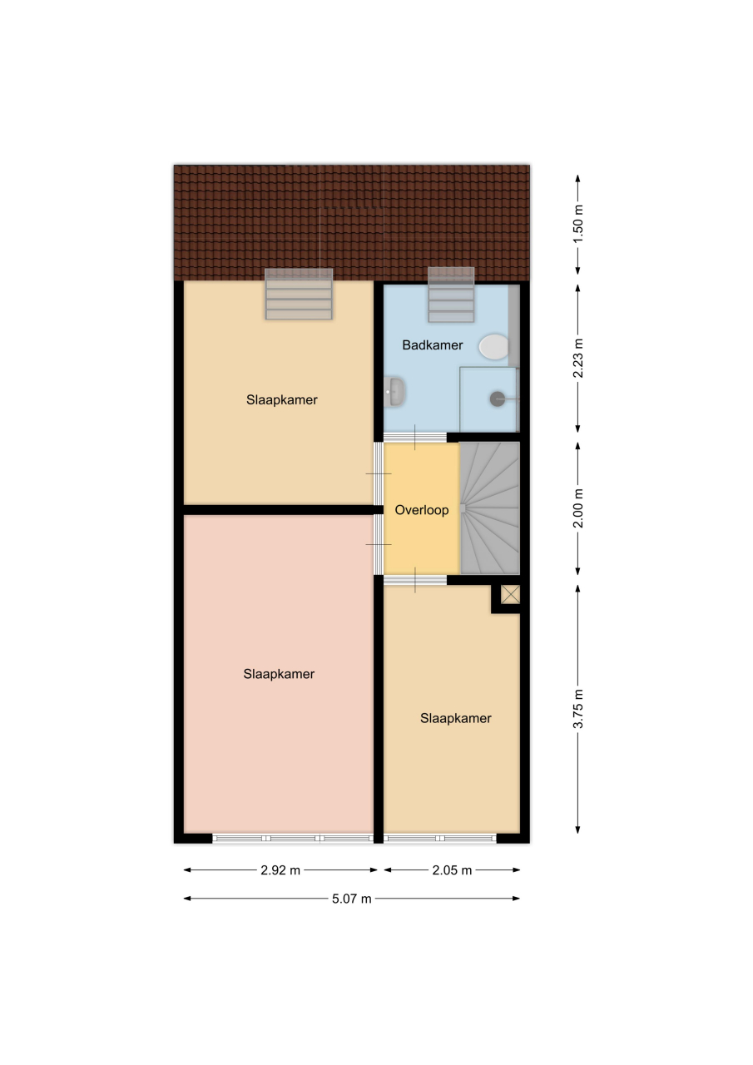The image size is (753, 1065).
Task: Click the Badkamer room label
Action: pyautogui.click(x=432, y=345)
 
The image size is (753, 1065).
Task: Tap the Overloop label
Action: pyautogui.click(x=422, y=510)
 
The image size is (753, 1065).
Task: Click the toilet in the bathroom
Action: pyautogui.click(x=494, y=347)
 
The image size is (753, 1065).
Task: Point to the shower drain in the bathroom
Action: pyautogui.click(x=498, y=399)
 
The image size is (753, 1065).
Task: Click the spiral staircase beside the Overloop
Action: pyautogui.click(x=489, y=508)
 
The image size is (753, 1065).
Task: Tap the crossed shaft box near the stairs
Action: pyautogui.click(x=511, y=594)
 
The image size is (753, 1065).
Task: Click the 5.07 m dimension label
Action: pyautogui.click(x=351, y=899)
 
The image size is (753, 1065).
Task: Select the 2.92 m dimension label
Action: pyautogui.click(x=280, y=870)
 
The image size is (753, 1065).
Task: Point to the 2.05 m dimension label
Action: pyautogui.click(x=452, y=870)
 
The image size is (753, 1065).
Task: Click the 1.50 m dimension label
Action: pyautogui.click(x=578, y=224)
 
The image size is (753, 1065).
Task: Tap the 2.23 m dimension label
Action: pyautogui.click(x=578, y=359)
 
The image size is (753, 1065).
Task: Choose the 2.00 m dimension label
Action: pyautogui.click(x=578, y=508)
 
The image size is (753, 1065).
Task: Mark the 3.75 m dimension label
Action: pyautogui.click(x=578, y=709)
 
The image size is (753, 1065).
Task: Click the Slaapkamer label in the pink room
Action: pyautogui.click(x=279, y=674)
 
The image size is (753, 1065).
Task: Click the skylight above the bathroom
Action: pyautogui.click(x=451, y=295)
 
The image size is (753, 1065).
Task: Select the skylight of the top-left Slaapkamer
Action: pyautogui.click(x=299, y=294)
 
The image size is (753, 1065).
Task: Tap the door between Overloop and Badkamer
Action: pyautogui.click(x=415, y=437)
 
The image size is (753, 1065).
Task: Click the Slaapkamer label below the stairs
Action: pyautogui.click(x=455, y=718)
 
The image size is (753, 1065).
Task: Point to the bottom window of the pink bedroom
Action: pyautogui.click(x=293, y=839)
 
